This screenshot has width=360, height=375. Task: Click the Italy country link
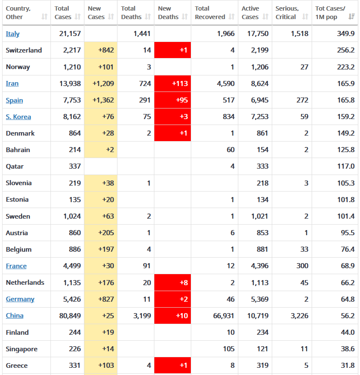(13, 34)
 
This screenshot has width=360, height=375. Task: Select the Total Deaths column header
(131, 13)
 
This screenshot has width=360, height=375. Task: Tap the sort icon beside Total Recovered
(232, 17)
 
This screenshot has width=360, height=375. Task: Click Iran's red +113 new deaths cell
(173, 83)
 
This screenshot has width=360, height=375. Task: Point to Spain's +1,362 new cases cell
(100, 100)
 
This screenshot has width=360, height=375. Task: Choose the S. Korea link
(18, 117)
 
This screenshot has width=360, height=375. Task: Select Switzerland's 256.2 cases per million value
(346, 50)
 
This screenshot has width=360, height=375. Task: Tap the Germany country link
(20, 299)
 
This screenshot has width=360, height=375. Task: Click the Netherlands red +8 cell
(173, 283)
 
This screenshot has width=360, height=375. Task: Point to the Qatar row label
(15, 167)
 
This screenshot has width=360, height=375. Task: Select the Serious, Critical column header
(287, 13)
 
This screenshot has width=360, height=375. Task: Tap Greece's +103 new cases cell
(100, 366)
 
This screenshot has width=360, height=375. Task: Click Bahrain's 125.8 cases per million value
(346, 150)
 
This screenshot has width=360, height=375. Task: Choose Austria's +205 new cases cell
(100, 233)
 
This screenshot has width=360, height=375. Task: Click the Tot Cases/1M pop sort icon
(352, 17)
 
